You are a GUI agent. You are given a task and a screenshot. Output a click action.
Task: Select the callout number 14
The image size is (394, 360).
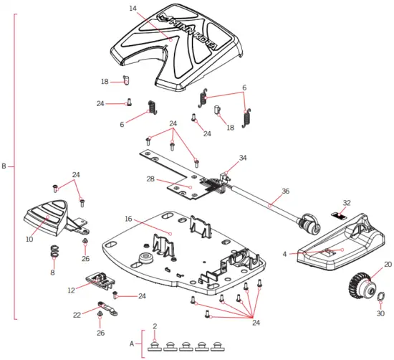[x=133, y=8]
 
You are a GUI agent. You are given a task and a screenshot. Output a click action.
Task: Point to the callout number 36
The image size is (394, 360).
[x=285, y=191]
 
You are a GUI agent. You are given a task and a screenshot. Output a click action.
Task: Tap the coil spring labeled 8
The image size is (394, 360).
[x=53, y=251]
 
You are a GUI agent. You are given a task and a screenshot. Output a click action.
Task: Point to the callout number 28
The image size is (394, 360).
[x=150, y=179]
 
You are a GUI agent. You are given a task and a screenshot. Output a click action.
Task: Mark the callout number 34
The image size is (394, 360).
[x=243, y=158]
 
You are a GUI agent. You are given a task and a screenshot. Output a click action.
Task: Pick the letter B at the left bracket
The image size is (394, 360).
[x=4, y=167]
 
